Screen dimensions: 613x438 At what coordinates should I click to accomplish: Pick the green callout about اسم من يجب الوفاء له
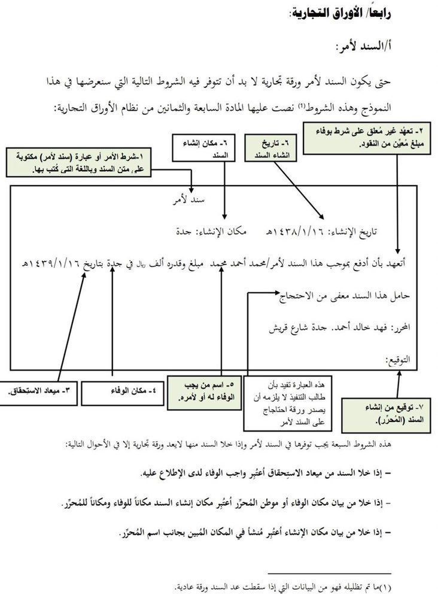[203, 391]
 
